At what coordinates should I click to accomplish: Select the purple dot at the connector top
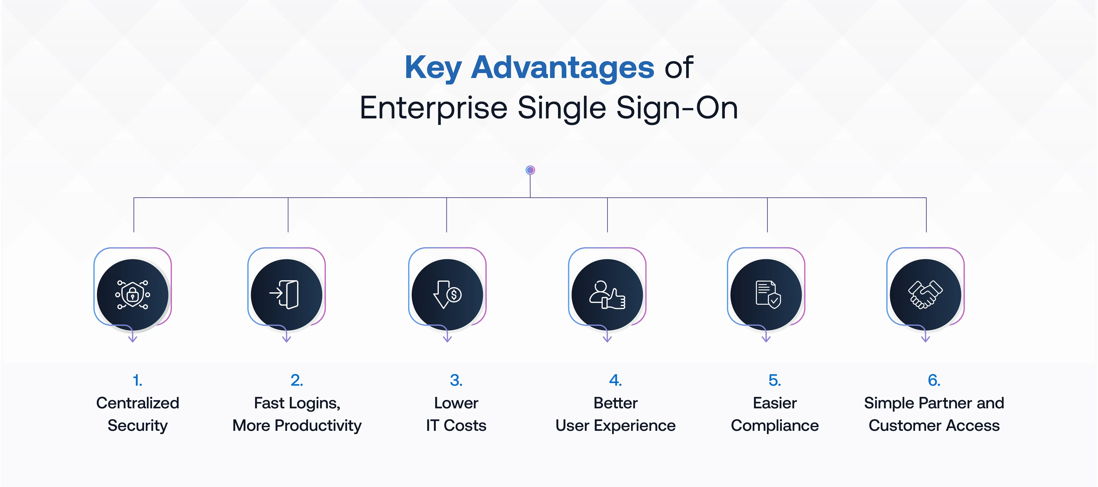coord(530,170)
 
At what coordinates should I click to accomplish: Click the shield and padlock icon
coord(133,294)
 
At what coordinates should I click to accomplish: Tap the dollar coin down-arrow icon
coord(447,294)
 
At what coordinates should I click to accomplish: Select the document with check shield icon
coord(766,294)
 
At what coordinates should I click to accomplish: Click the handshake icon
coord(925,294)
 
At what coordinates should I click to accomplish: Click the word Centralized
coord(137,403)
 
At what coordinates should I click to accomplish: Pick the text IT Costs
coord(456,426)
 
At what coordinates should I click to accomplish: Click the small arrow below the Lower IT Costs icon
coord(447,337)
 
